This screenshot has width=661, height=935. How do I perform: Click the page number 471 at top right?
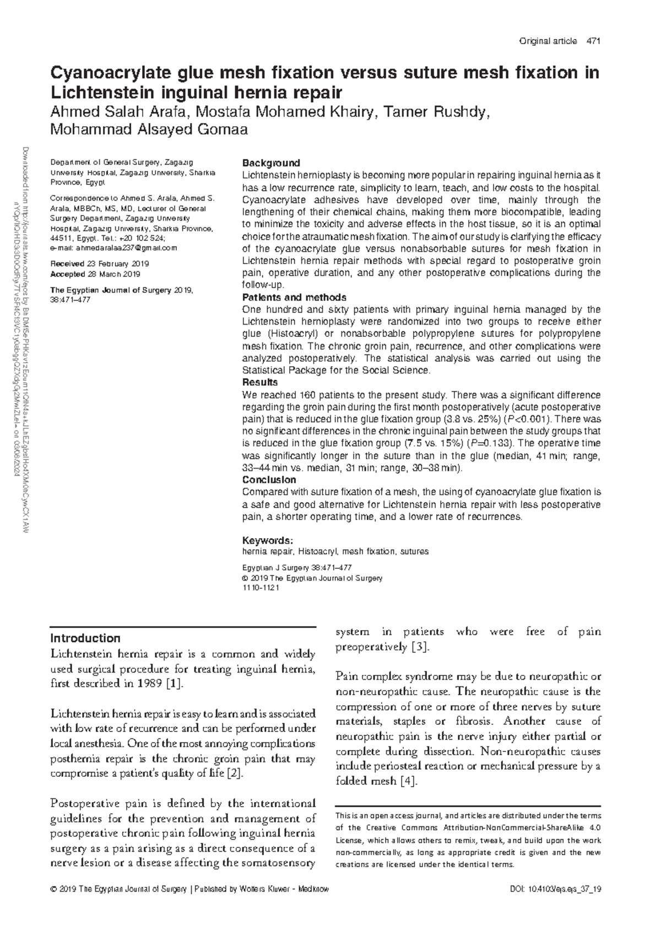coord(593,41)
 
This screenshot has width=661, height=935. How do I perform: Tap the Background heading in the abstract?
coord(271,163)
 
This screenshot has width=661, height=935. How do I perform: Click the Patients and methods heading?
coord(294,298)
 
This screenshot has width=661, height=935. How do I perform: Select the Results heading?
coord(260,383)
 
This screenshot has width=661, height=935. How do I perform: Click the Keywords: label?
coord(268,540)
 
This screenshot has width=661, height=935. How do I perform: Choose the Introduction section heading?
coord(85,638)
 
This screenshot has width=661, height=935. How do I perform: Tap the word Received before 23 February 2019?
coord(67,264)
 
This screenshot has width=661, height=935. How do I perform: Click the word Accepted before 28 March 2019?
coord(67,274)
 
